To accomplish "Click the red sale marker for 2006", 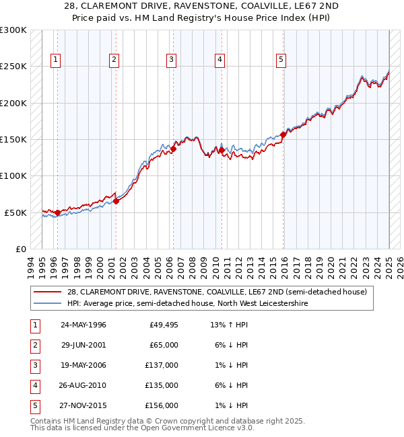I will (173, 149).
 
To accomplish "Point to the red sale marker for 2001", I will (116, 201).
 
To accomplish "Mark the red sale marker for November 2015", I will (283, 134).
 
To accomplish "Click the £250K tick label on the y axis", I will (13, 67).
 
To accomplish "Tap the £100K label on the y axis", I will (13, 175).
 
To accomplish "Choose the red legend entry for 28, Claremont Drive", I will (216, 292).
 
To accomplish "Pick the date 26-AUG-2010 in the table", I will (83, 385).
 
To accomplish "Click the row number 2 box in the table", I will (35, 346).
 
